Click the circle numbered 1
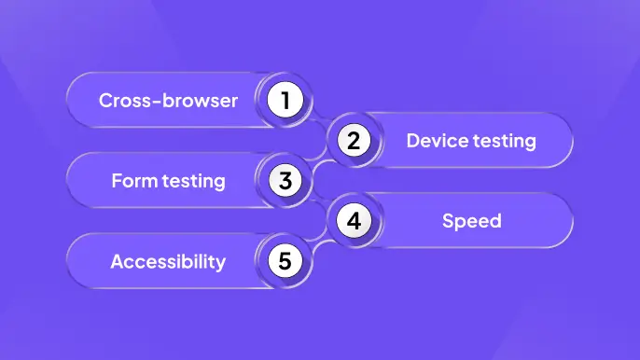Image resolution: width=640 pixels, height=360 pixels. coord(285,100)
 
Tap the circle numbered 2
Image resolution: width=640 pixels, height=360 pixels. coord(354,141)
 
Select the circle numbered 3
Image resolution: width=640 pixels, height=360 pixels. coord(285,180)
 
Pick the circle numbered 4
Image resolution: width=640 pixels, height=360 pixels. coord(354,221)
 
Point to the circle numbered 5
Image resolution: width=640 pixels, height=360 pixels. coord(285,261)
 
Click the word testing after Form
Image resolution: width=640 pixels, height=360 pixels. coord(193,181)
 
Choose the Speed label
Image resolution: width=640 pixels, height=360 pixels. coord(471,221)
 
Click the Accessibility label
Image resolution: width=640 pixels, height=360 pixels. coord(168,261)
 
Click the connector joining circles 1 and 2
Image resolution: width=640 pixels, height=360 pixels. coord(319,120)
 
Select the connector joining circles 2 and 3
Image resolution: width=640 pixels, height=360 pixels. coord(319,161)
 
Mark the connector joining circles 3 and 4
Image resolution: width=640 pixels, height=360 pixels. coord(319,201)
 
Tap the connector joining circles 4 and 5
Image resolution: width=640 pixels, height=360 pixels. coord(319,242)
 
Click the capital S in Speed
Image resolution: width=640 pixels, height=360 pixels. coord(448,221)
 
